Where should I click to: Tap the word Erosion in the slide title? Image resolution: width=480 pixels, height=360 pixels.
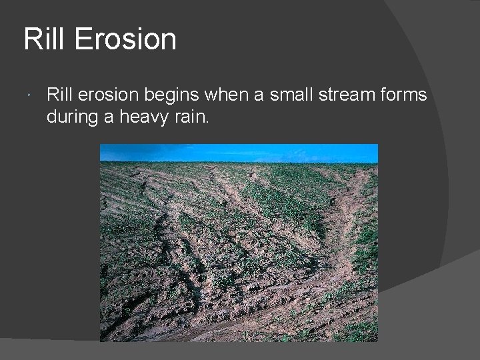(125, 39)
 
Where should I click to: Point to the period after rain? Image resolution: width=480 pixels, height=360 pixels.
(207, 122)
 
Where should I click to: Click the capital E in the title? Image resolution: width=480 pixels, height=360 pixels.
(82, 39)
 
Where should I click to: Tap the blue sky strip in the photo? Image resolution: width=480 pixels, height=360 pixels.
(239, 153)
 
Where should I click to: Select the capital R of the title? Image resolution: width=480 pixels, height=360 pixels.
(31, 39)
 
